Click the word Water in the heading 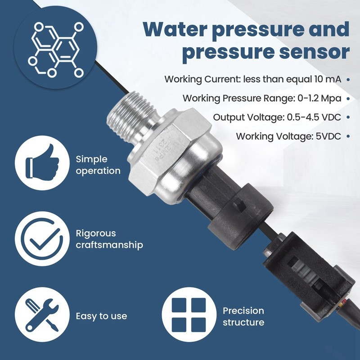pos(175,30)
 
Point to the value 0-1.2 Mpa pos(319,98)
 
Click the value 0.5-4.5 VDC pos(314,117)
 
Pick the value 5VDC pos(328,136)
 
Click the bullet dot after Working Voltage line pos(348,136)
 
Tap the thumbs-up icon pos(42,162)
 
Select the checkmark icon pos(42,239)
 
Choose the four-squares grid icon pos(189,315)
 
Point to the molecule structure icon pos(55,50)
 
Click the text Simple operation pos(98,165)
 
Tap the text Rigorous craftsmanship pos(109,239)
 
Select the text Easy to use pos(101,316)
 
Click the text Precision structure pos(243,316)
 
